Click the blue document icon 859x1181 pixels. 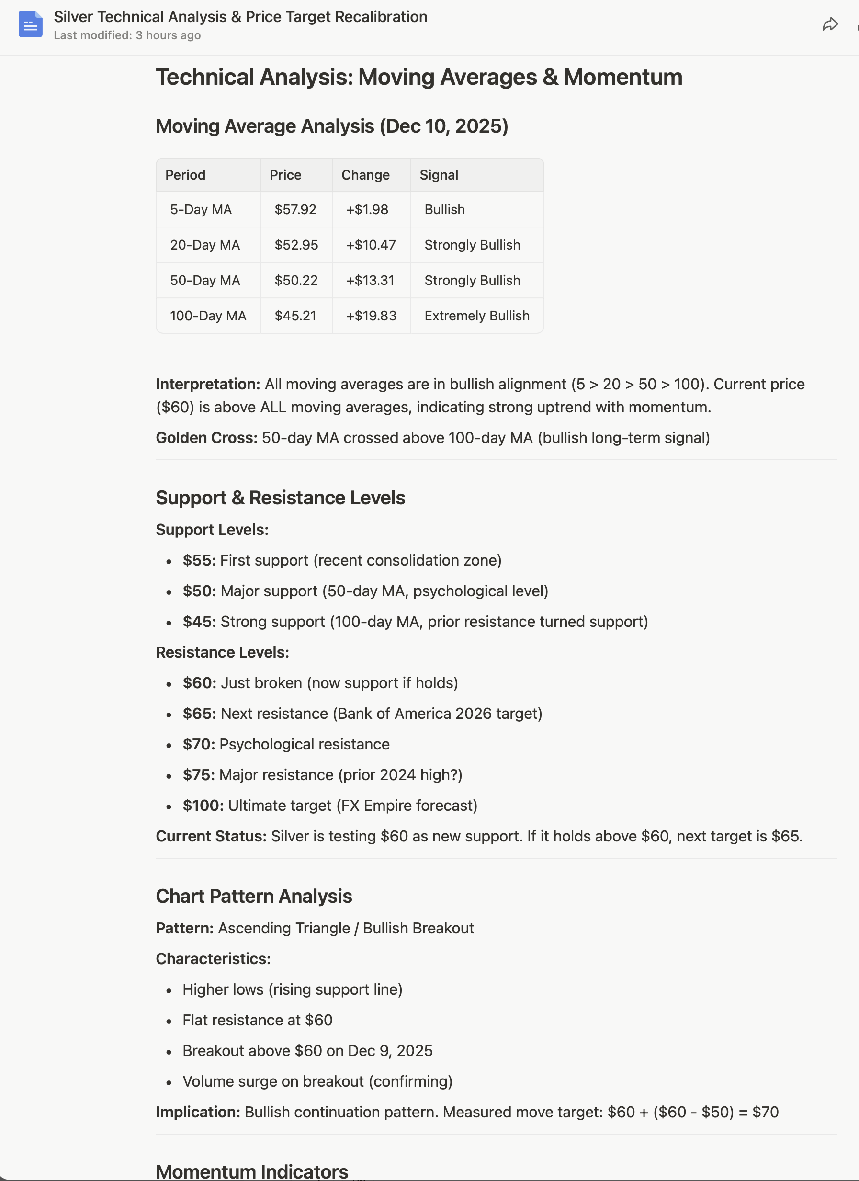(30, 24)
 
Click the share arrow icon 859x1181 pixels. (830, 24)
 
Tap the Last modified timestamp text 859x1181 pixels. (127, 35)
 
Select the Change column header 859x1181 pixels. (365, 175)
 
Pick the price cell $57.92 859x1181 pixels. (295, 209)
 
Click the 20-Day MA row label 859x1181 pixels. (204, 245)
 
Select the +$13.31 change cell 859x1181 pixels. (370, 280)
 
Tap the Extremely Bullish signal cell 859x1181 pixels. (476, 316)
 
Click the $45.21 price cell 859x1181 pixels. (295, 316)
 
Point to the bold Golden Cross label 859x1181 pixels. (206, 437)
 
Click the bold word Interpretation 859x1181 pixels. (207, 384)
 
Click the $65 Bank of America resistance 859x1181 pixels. (362, 714)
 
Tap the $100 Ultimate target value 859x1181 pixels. (203, 806)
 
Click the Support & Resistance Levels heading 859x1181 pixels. (280, 497)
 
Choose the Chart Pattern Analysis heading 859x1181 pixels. (254, 896)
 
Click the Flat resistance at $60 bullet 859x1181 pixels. (257, 1020)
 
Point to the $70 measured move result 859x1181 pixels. (765, 1112)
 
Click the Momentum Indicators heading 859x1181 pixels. (251, 1171)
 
